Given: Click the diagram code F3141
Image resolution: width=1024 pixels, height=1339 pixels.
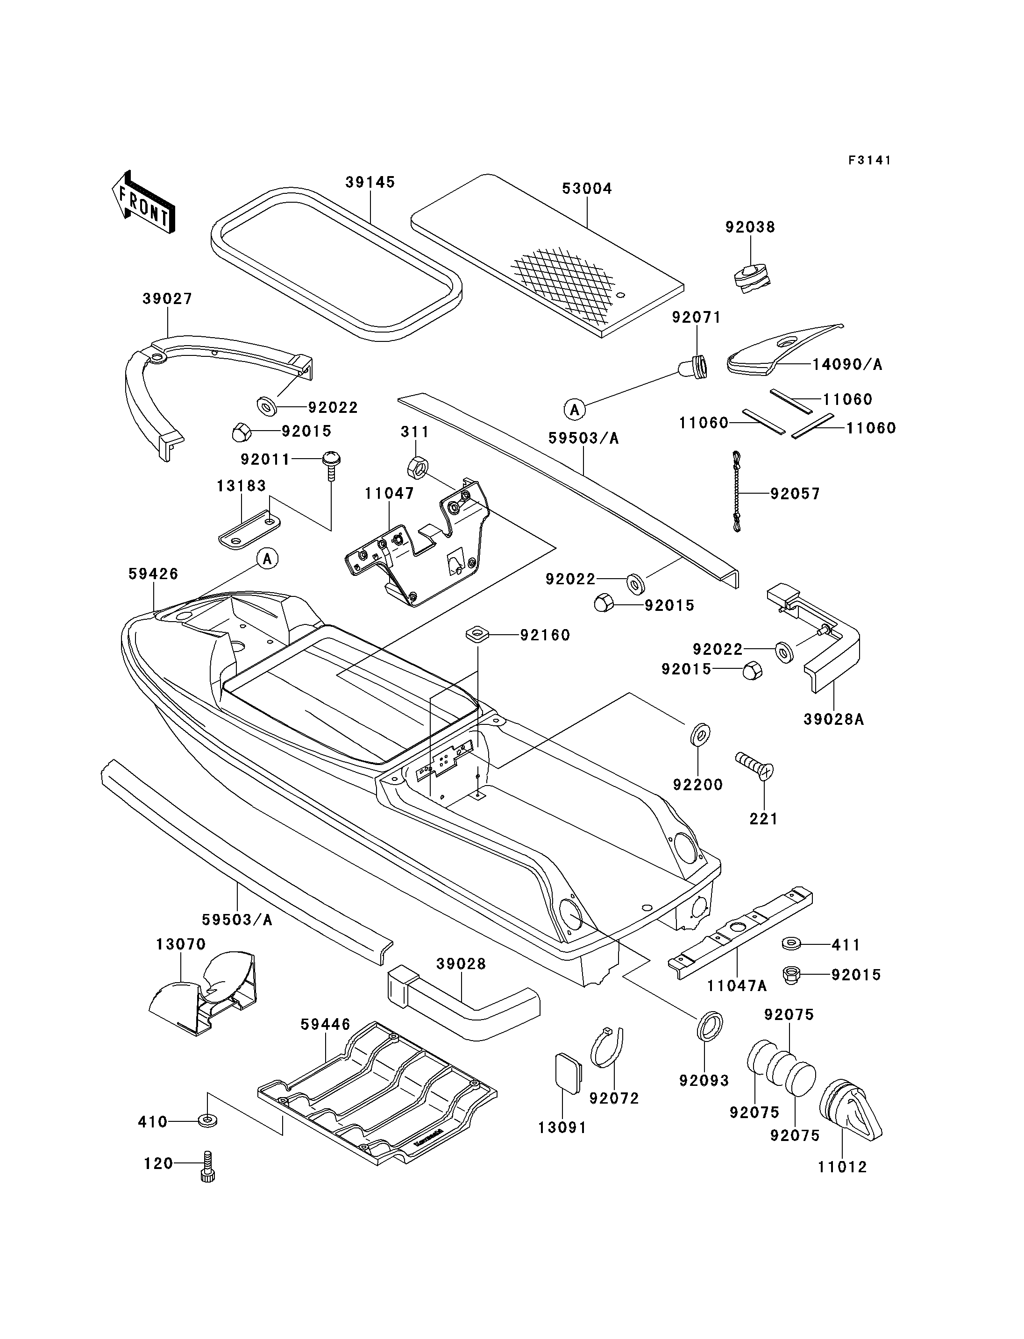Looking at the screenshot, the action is pyautogui.click(x=870, y=160).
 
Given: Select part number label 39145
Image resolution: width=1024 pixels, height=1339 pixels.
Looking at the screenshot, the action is pyautogui.click(x=370, y=182).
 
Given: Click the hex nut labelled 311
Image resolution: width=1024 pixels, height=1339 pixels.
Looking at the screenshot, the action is pyautogui.click(x=416, y=467).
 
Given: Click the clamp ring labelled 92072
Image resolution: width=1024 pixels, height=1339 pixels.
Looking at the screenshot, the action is pyautogui.click(x=608, y=1048).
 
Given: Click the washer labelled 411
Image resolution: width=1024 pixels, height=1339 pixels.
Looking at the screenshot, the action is pyautogui.click(x=791, y=944).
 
